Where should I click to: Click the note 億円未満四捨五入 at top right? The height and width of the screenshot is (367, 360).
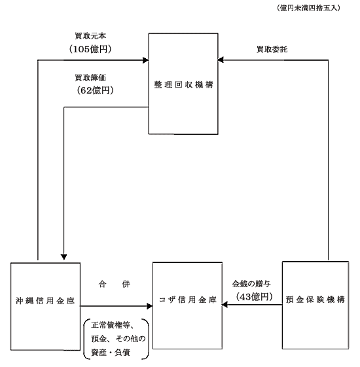pos(308,9)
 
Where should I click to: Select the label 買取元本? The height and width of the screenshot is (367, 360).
pos(90,36)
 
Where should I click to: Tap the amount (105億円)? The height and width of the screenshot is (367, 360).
pos(90,49)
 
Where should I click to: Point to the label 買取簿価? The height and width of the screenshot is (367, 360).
pos(90,78)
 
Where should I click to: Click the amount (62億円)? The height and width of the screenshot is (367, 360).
pos(95,90)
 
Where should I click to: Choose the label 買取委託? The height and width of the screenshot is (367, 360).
pos(272,49)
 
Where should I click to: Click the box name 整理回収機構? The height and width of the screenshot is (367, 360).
pos(183,85)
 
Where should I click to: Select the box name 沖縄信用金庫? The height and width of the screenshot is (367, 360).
pos(45,301)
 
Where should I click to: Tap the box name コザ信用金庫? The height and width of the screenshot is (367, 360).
pos(188,300)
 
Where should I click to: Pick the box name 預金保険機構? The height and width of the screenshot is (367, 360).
pos(315,300)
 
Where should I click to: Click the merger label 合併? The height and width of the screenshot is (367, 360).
pos(115,284)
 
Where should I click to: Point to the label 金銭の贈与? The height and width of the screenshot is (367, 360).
pos(251,284)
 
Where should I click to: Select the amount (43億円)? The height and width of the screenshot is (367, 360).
pos(255,297)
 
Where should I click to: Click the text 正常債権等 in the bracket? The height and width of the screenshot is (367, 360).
pos(112,325)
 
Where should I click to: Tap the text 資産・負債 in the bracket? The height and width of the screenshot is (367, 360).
pos(111,353)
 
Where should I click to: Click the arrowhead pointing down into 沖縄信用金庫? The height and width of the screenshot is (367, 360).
pos(63,257)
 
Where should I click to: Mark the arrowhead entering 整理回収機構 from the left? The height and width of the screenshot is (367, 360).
pos(146,60)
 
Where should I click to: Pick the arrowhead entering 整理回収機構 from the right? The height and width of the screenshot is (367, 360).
pos(221,60)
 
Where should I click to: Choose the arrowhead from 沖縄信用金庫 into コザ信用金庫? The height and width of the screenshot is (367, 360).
pos(150,306)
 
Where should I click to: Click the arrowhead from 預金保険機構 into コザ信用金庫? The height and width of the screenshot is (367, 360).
pos(225,305)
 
